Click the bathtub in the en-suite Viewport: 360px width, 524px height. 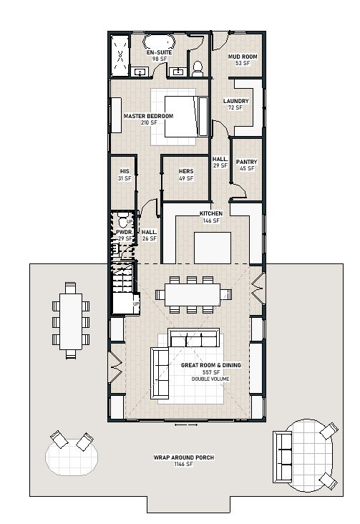(159, 42)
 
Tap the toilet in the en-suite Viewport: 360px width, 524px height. (198, 68)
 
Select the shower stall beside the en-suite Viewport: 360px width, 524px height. (120, 55)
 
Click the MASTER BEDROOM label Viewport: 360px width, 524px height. (148, 116)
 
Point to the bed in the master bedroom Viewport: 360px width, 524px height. (186, 116)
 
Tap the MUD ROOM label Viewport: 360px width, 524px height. (243, 57)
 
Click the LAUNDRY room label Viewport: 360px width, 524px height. (236, 101)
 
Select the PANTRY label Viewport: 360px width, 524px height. (247, 162)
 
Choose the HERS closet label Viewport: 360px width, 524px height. (186, 171)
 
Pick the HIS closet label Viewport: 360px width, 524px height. (125, 171)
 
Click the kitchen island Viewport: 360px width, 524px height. (213, 248)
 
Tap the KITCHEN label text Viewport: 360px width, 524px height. (211, 213)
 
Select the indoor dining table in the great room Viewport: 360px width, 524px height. (193, 294)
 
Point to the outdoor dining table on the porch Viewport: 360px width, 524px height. (71, 321)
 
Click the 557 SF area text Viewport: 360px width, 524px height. (211, 372)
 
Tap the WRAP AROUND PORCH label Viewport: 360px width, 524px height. (184, 457)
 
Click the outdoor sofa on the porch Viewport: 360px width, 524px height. (283, 457)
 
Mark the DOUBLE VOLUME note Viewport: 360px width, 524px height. (210, 379)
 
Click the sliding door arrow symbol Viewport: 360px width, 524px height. (186, 425)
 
